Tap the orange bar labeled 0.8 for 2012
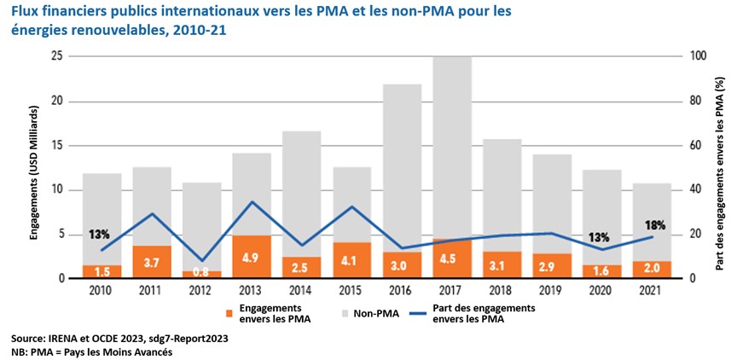[203, 275]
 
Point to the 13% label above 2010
[99, 234]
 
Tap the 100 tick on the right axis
[699, 56]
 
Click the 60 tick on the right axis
[696, 146]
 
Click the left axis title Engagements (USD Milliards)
[36, 167]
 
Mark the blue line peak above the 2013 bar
[252, 202]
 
